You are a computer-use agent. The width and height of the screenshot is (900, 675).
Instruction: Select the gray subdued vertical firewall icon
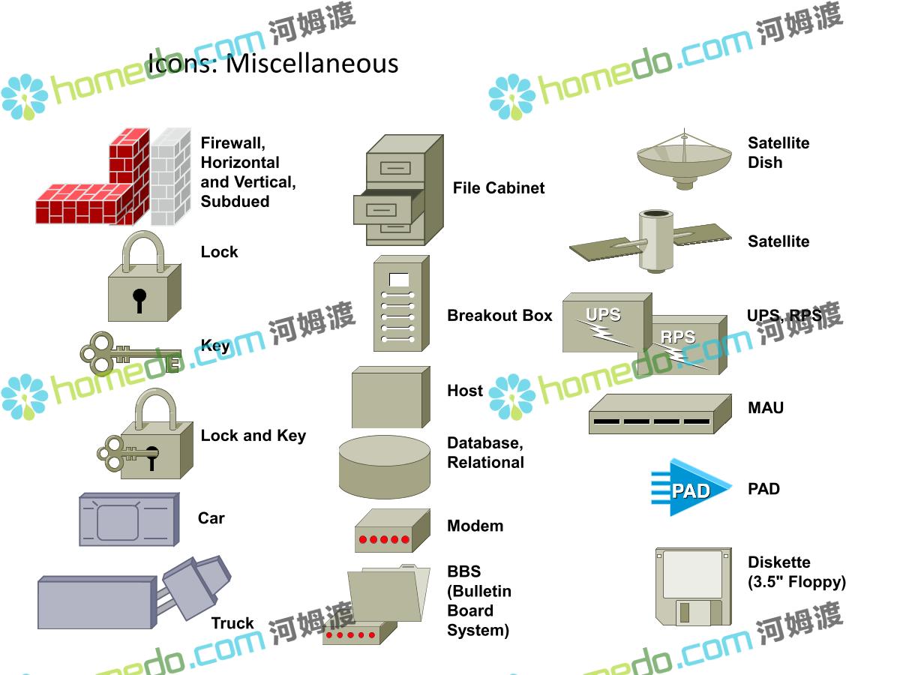(170, 177)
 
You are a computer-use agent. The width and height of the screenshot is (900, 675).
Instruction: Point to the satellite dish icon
(684, 160)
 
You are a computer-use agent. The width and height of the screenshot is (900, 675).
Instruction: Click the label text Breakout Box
(499, 316)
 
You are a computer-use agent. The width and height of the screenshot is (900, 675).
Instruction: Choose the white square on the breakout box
(398, 280)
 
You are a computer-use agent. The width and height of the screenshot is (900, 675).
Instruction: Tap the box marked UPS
(607, 322)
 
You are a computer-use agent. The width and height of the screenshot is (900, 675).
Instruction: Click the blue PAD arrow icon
(691, 487)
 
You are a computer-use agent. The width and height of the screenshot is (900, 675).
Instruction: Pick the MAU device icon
(660, 414)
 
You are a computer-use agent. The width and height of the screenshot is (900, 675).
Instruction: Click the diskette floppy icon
(693, 586)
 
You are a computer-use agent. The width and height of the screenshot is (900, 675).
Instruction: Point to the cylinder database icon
(385, 467)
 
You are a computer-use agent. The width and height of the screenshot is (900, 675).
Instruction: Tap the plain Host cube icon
(391, 397)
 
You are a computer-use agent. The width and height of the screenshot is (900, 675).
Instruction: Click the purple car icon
(129, 519)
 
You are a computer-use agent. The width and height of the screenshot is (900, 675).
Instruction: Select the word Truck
(232, 623)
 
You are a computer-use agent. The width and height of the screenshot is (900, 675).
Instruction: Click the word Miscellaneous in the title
(312, 64)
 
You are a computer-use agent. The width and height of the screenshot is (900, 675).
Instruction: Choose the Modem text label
(475, 526)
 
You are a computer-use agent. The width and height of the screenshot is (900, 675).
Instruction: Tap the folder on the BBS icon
(388, 593)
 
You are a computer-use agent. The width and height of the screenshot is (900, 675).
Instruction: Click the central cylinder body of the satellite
(655, 241)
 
